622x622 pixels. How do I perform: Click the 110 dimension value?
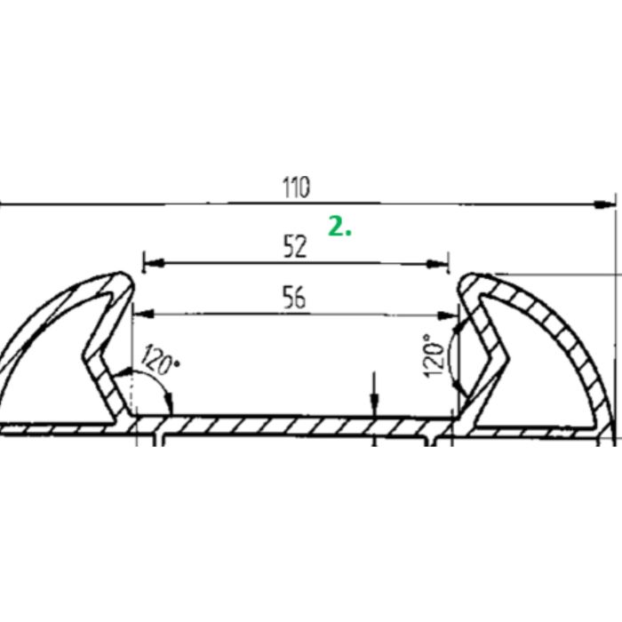296,188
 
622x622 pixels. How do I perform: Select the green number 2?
339,227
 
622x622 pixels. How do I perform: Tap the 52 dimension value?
295,247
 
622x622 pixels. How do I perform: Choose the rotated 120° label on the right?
434,355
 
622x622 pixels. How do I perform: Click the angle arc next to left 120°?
164,392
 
